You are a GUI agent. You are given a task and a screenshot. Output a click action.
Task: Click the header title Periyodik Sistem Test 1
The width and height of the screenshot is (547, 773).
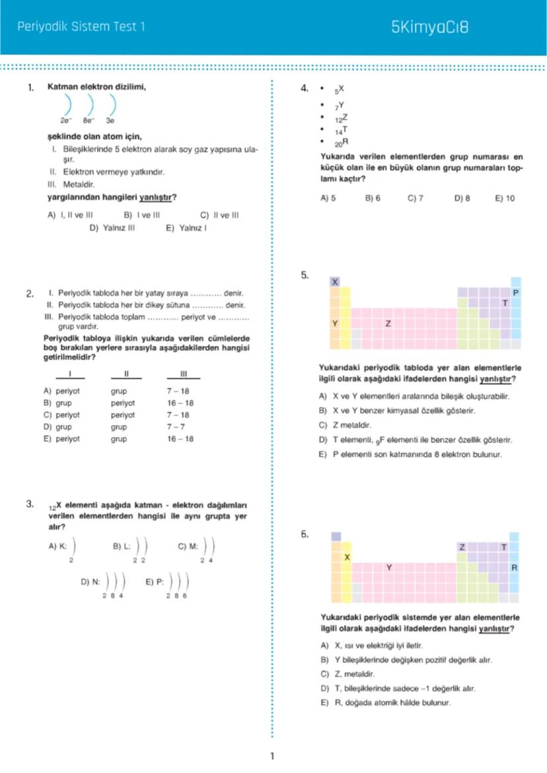coord(80,27)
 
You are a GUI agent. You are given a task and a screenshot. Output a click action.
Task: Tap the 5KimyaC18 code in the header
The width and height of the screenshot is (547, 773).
coord(429,28)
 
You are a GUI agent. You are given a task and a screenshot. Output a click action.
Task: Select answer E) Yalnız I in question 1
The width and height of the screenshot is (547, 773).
coord(187,228)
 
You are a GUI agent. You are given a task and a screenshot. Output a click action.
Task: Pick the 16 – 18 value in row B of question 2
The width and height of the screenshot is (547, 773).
coord(180,403)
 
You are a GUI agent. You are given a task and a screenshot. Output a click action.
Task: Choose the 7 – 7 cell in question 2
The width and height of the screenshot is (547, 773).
coord(176,426)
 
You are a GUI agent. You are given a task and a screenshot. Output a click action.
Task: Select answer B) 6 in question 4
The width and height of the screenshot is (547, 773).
coord(373,198)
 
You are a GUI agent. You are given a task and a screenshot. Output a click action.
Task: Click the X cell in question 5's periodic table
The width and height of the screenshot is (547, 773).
coord(335,282)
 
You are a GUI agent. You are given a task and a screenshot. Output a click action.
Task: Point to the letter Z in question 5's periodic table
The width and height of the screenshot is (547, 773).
coord(388,324)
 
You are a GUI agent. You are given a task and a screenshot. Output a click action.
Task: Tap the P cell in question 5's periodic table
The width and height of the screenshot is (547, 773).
coord(516,292)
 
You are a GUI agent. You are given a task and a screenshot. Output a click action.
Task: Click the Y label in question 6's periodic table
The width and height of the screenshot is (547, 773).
coord(389,568)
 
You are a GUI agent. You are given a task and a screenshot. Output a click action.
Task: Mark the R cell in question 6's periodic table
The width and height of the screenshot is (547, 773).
coord(515,568)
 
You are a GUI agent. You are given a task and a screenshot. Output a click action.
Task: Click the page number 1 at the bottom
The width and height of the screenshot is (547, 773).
coord(272,756)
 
